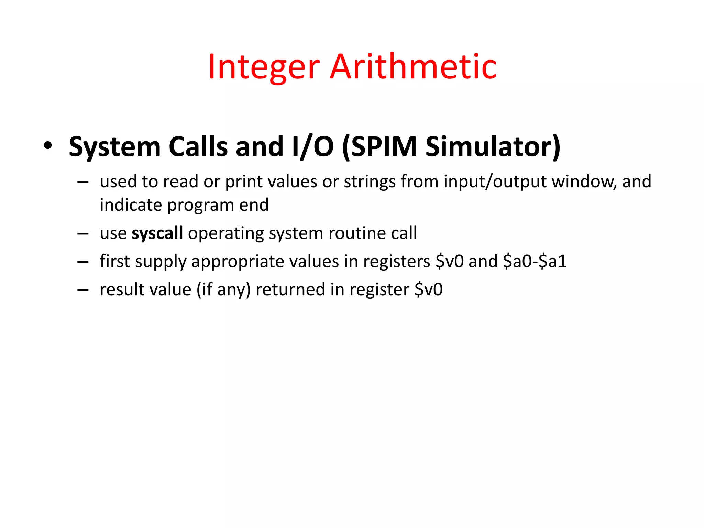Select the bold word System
pyautogui.click(x=115, y=147)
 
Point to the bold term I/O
pyautogui.click(x=312, y=147)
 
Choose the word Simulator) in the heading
pyautogui.click(x=493, y=147)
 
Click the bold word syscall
pyautogui.click(x=157, y=233)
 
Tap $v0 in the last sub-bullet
pyautogui.click(x=429, y=289)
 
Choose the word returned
pyautogui.click(x=290, y=289)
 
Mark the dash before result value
pyautogui.click(x=83, y=290)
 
